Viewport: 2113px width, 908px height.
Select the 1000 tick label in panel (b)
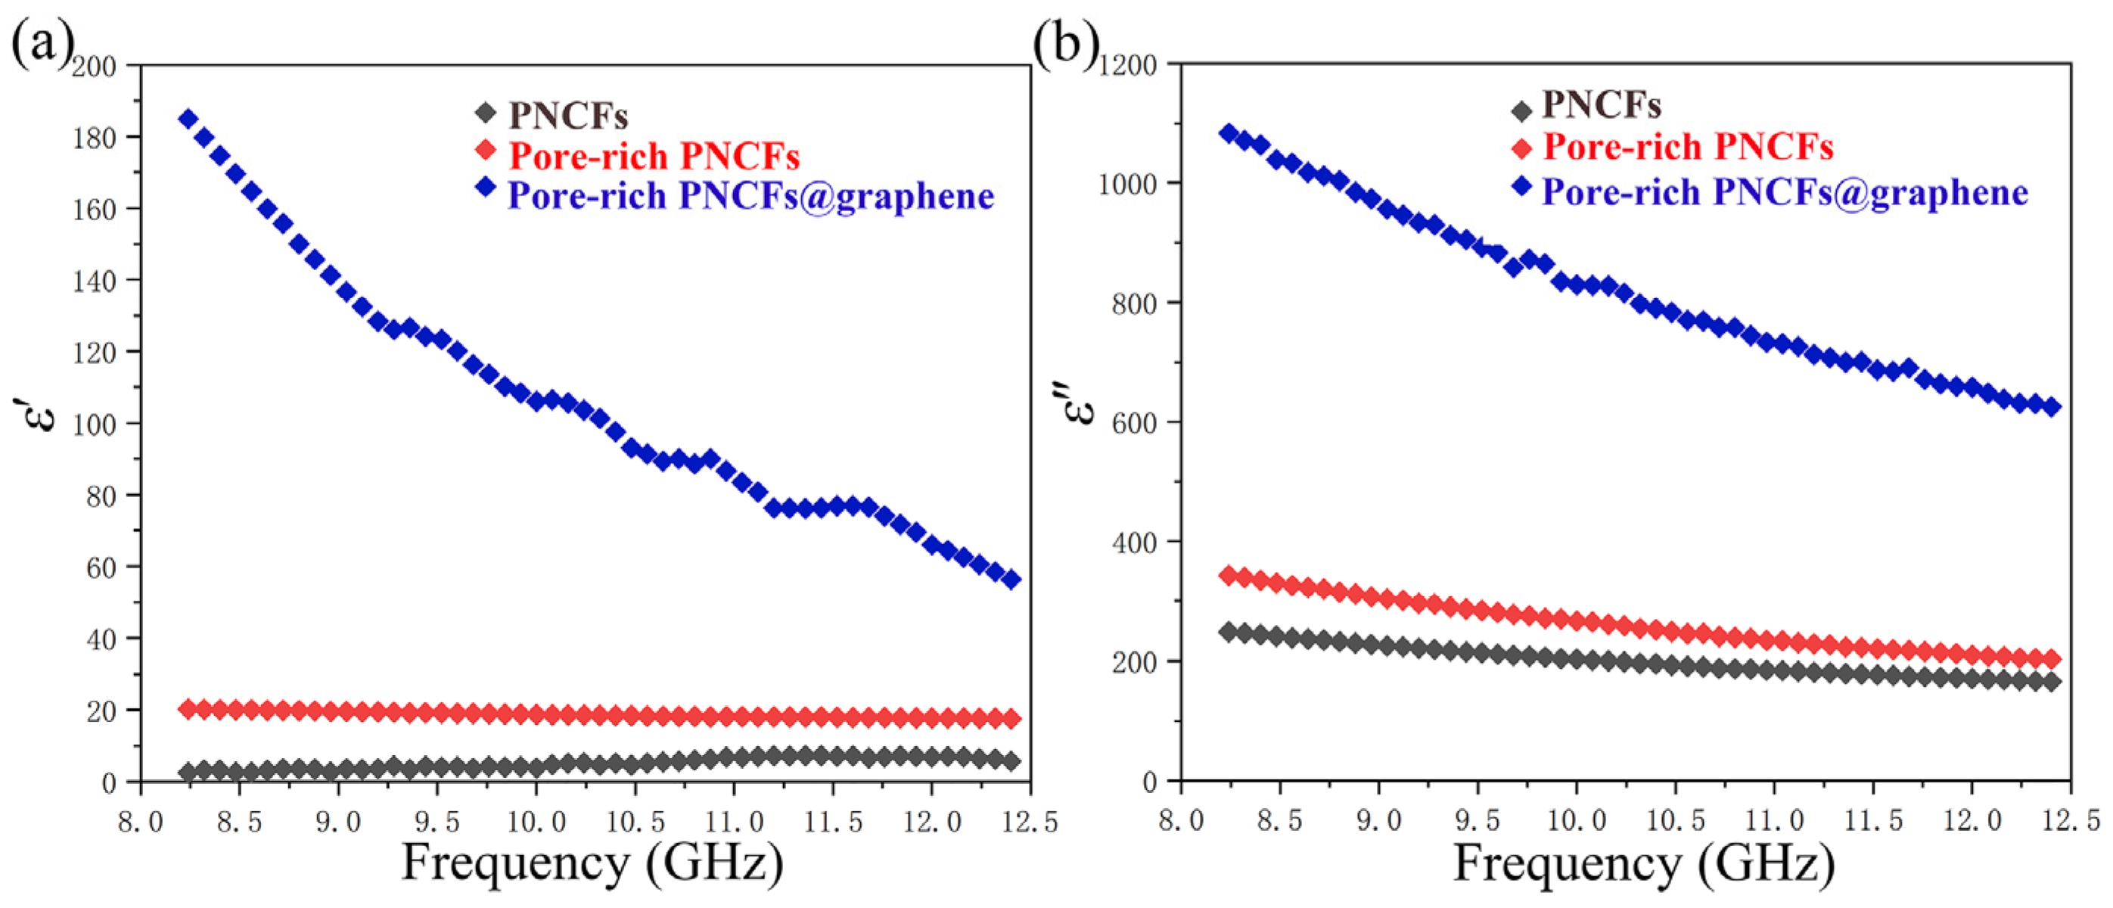pyautogui.click(x=1127, y=184)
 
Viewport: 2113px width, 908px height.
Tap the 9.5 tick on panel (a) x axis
pyautogui.click(x=437, y=821)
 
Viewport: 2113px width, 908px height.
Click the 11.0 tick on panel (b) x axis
pyautogui.click(x=1774, y=821)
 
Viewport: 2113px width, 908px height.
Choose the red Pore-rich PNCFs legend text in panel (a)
pyautogui.click(x=654, y=156)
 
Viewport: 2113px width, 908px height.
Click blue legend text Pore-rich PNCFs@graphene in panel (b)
pyautogui.click(x=1785, y=192)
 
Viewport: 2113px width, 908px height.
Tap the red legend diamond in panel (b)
pyautogui.click(x=1521, y=148)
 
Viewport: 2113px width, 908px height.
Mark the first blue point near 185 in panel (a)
pyautogui.click(x=188, y=119)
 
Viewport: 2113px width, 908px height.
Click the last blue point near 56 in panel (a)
pyautogui.click(x=1011, y=580)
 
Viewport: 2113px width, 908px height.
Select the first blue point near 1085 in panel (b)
pyautogui.click(x=1228, y=133)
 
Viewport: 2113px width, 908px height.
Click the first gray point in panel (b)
pyautogui.click(x=1228, y=632)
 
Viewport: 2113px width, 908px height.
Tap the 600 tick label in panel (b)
pyautogui.click(x=1136, y=423)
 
